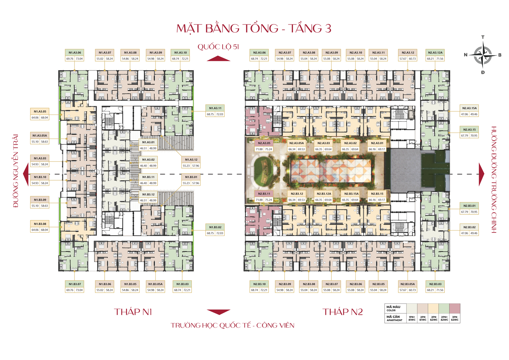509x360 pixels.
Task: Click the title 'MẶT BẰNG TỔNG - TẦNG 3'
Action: click(254, 28)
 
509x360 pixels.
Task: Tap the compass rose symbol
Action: click(483, 55)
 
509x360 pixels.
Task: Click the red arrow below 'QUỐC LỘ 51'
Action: click(219, 59)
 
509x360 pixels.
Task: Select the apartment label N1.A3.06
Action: click(75, 53)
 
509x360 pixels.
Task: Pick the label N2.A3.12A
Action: click(435, 53)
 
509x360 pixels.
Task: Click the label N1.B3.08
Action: click(40, 224)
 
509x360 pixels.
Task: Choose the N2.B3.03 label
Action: click(435, 284)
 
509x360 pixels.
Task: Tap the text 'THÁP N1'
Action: click(133, 312)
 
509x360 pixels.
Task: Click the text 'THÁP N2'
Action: click(343, 312)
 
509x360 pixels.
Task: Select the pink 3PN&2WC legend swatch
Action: click(455, 308)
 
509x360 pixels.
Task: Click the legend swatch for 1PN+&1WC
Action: click(412, 308)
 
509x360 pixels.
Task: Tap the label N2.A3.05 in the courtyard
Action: click(264, 143)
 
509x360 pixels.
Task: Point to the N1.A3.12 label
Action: click(191, 160)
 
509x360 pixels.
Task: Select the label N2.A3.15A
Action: click(469, 108)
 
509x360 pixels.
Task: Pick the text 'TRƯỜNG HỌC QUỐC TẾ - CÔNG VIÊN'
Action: click(232, 325)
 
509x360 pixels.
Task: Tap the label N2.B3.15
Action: click(377, 194)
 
